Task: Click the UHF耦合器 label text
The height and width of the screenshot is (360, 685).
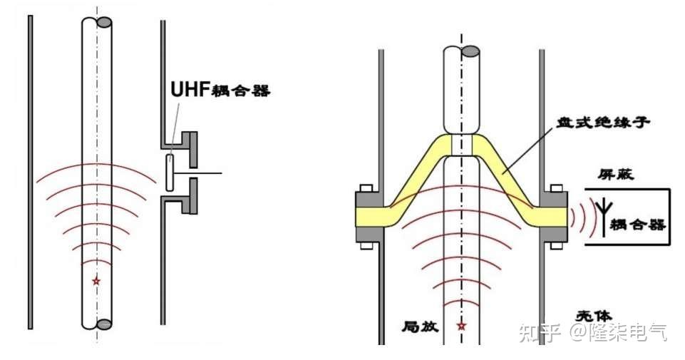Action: [x=220, y=90]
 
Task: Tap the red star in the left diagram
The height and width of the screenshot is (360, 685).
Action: [x=96, y=281]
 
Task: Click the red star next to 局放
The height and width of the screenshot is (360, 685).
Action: [x=461, y=326]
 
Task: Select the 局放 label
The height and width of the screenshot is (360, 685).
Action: [x=420, y=326]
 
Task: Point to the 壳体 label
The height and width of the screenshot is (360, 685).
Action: [x=593, y=316]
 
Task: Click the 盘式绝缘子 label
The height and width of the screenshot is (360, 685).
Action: [x=603, y=122]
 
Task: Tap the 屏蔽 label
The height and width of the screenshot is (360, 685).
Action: [x=616, y=175]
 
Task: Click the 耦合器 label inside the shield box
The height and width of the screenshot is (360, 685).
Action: [x=638, y=225]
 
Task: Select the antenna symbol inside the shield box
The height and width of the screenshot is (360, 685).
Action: [x=604, y=217]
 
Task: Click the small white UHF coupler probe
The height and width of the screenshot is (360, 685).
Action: [x=170, y=172]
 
